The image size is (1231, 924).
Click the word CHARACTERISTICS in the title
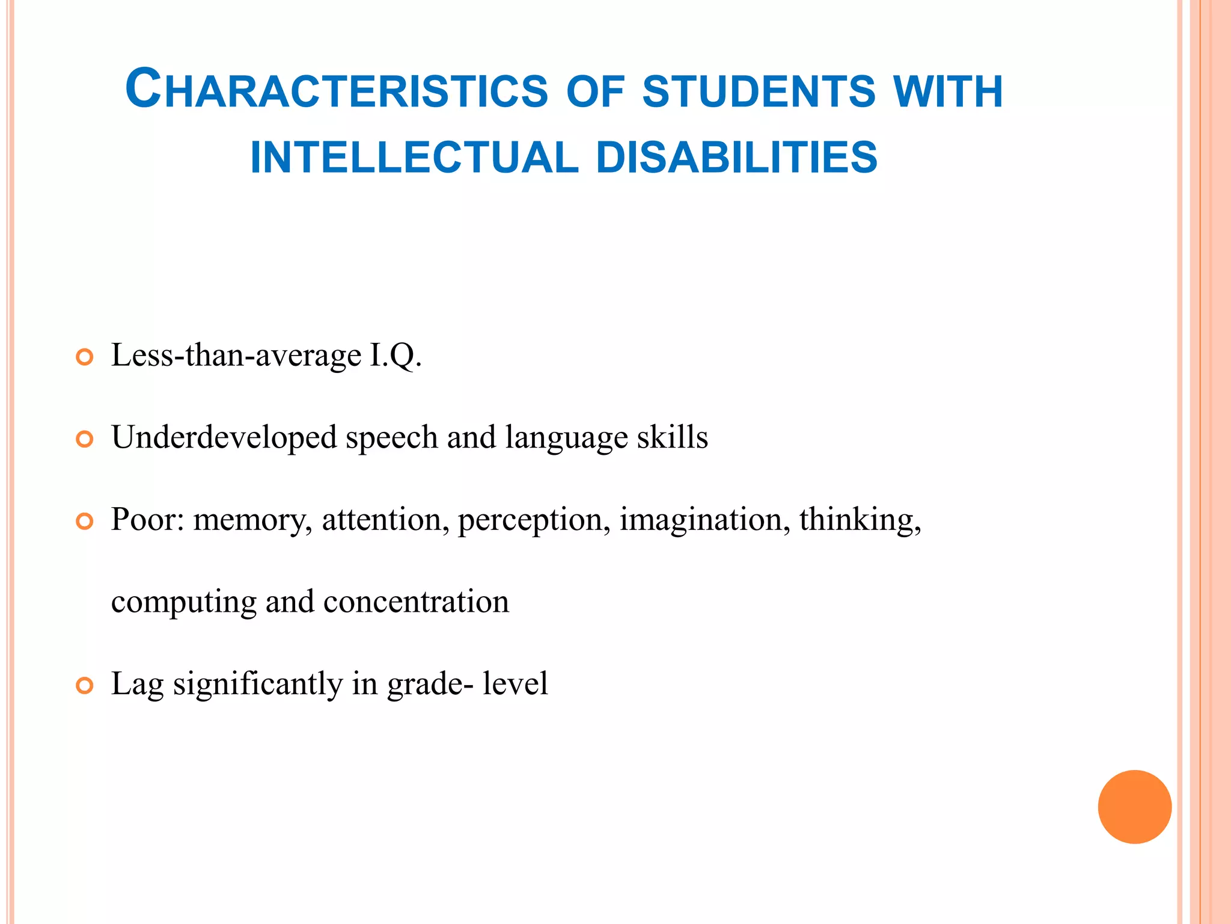tap(337, 90)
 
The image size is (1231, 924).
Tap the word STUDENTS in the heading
tap(759, 91)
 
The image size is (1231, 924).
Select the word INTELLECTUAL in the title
tap(414, 158)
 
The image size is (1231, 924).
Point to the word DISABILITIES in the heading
tap(737, 158)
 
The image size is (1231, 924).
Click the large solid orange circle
tap(1134, 807)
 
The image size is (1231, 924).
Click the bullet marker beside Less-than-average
tap(85, 357)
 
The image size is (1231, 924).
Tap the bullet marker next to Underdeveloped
tap(85, 439)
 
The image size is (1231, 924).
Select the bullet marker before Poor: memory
tap(85, 522)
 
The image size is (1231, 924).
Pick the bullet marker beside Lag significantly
tap(85, 686)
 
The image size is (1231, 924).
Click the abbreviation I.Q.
tap(396, 355)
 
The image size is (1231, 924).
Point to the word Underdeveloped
tap(224, 437)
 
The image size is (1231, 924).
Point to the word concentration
tap(416, 602)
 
